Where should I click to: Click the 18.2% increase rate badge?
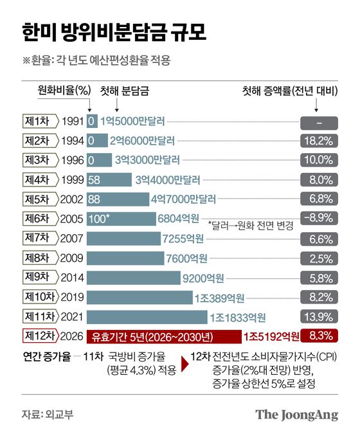click(x=319, y=140)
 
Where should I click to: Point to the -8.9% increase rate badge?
click(x=319, y=218)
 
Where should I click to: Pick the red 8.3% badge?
click(x=319, y=335)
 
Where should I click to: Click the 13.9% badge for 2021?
click(x=319, y=316)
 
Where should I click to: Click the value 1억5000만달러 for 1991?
click(x=136, y=121)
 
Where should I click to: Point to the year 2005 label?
click(x=72, y=219)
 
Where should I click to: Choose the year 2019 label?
click(x=72, y=296)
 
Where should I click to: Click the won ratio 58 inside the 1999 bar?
click(x=95, y=179)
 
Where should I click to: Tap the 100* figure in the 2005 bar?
click(x=100, y=219)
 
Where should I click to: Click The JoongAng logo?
click(x=296, y=415)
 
